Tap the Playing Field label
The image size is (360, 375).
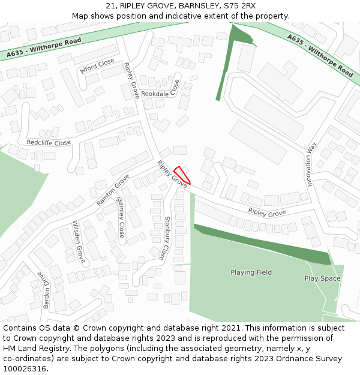[251, 272]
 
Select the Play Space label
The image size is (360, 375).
[322, 278]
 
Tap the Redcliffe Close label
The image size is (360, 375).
[49, 143]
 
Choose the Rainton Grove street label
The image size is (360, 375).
[113, 190]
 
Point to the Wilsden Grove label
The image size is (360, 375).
[79, 242]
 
